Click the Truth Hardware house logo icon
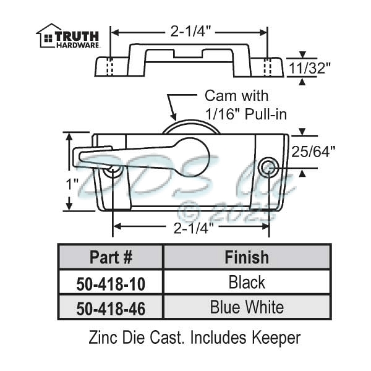46,35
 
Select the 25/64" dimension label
319,151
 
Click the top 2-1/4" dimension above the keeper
188,29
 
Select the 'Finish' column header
246,257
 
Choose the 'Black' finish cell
246,283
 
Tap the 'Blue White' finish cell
246,307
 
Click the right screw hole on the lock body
268,165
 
